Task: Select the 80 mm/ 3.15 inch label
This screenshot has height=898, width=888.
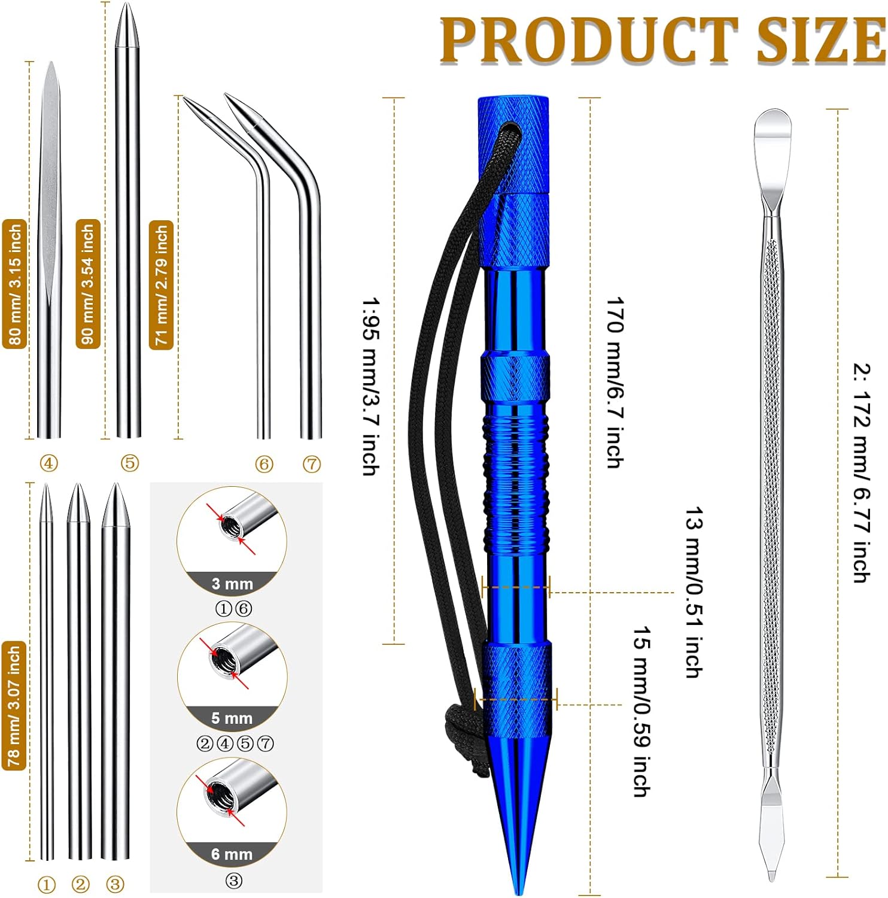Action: (x=15, y=284)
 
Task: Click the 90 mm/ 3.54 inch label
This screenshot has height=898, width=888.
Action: (x=88, y=284)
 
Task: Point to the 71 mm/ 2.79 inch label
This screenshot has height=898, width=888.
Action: (x=161, y=285)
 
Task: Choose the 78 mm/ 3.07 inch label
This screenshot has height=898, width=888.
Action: (x=14, y=705)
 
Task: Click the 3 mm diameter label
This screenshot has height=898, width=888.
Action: (x=232, y=584)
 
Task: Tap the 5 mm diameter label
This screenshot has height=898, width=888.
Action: (x=232, y=718)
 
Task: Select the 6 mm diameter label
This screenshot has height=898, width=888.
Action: (x=232, y=854)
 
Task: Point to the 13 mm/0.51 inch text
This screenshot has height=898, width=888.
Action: (x=694, y=592)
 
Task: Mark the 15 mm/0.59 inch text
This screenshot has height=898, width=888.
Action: (x=642, y=712)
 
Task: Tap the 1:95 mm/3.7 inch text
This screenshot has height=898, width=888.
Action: (x=370, y=386)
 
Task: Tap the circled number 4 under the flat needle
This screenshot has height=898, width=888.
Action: (x=48, y=463)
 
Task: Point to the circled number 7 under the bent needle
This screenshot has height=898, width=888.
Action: (x=312, y=464)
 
